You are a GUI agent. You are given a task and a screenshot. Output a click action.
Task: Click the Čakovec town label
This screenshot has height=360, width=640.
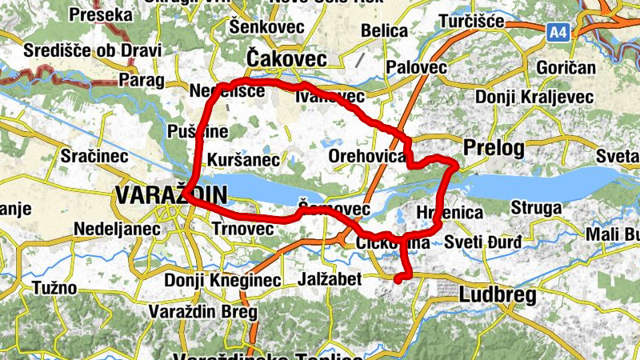286,59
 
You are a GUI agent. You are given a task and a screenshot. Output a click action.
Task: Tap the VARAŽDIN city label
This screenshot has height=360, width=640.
171,195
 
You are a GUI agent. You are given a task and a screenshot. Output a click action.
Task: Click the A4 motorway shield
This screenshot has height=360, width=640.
558,32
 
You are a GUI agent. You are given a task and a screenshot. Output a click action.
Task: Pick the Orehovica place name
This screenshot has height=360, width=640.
367,156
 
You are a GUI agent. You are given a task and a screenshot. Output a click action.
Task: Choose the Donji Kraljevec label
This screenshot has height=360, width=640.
534,97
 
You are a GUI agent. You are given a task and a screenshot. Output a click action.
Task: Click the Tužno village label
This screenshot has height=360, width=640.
54,287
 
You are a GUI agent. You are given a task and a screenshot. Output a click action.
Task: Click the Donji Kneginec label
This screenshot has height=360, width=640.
222,281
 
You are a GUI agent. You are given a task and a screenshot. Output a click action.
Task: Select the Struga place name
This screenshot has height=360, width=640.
536,208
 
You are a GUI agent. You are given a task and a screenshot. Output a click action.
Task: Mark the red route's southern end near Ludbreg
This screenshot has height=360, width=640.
398,278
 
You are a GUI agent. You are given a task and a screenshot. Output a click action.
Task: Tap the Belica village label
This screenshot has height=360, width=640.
385,30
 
